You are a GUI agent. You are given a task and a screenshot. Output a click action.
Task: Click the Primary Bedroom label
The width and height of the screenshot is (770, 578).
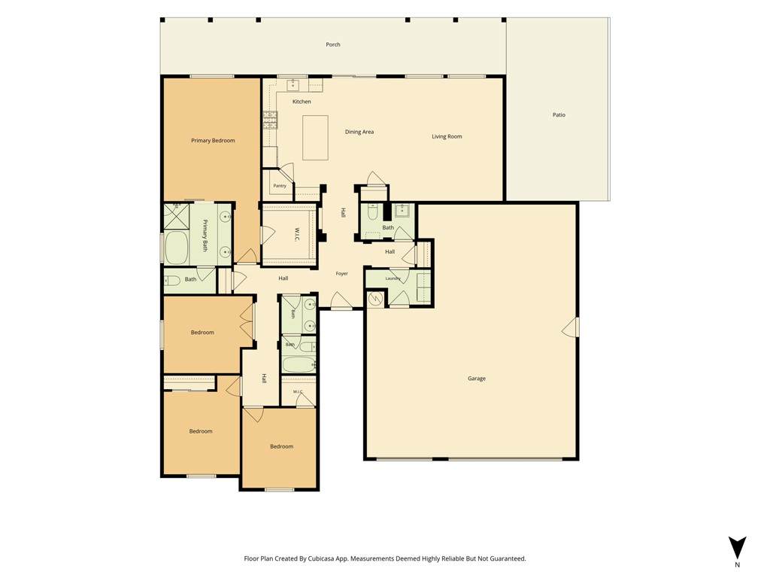[x=213, y=141]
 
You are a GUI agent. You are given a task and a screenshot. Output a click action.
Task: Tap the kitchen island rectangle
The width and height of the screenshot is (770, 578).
[x=315, y=138]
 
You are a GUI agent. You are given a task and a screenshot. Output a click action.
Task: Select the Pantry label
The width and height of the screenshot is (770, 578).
[x=280, y=186]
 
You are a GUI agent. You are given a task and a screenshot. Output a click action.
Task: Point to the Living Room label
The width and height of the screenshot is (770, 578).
[x=447, y=137]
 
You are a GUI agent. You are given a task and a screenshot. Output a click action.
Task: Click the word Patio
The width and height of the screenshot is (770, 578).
[x=559, y=115]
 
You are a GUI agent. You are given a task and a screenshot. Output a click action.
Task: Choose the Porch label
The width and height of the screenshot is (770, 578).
[x=333, y=44]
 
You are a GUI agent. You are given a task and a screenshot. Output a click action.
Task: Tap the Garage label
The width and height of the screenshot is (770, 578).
[x=476, y=379]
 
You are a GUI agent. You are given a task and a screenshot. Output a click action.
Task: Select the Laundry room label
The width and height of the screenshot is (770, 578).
[x=393, y=278]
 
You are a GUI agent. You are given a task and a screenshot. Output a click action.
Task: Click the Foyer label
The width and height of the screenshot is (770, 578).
[x=342, y=274]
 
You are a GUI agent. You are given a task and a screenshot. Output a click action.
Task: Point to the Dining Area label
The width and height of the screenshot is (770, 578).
[x=359, y=132]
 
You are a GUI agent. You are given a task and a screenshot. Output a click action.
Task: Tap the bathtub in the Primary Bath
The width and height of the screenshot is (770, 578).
[x=176, y=248]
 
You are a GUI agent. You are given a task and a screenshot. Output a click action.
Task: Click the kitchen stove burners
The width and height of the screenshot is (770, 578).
[x=270, y=120]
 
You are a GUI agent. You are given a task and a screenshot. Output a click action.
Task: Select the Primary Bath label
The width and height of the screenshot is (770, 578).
[x=205, y=236]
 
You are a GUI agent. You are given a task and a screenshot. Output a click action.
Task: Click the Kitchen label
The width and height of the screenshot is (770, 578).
[x=302, y=102]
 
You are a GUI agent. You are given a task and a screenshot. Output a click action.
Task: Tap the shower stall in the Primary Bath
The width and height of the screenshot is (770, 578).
[x=176, y=216]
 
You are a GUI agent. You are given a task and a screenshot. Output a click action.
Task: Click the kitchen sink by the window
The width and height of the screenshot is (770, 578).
[x=294, y=85]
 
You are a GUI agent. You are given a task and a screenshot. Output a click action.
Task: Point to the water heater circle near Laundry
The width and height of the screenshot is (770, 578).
[x=376, y=298]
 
